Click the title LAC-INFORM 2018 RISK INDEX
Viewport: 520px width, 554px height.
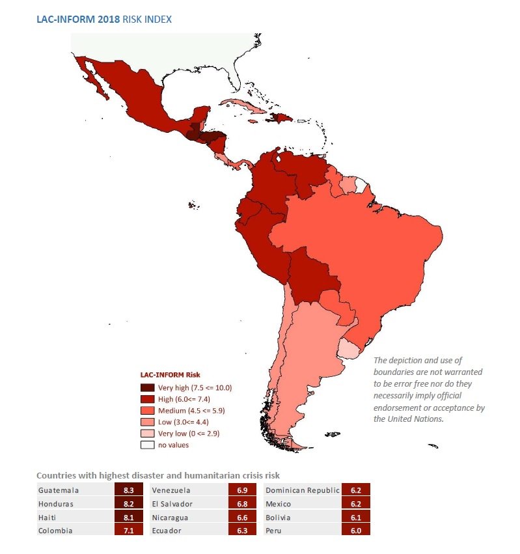[x=104, y=20]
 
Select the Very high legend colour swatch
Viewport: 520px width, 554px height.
[x=148, y=387]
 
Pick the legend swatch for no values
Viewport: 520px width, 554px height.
[x=148, y=445]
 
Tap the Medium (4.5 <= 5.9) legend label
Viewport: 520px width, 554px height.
[x=192, y=411]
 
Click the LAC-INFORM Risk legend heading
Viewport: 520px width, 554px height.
[x=170, y=375]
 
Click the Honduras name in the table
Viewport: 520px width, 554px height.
[x=57, y=504]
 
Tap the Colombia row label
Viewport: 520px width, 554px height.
[x=55, y=531]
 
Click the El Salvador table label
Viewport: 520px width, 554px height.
[x=173, y=504]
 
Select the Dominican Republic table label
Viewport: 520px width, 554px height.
[x=303, y=490]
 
